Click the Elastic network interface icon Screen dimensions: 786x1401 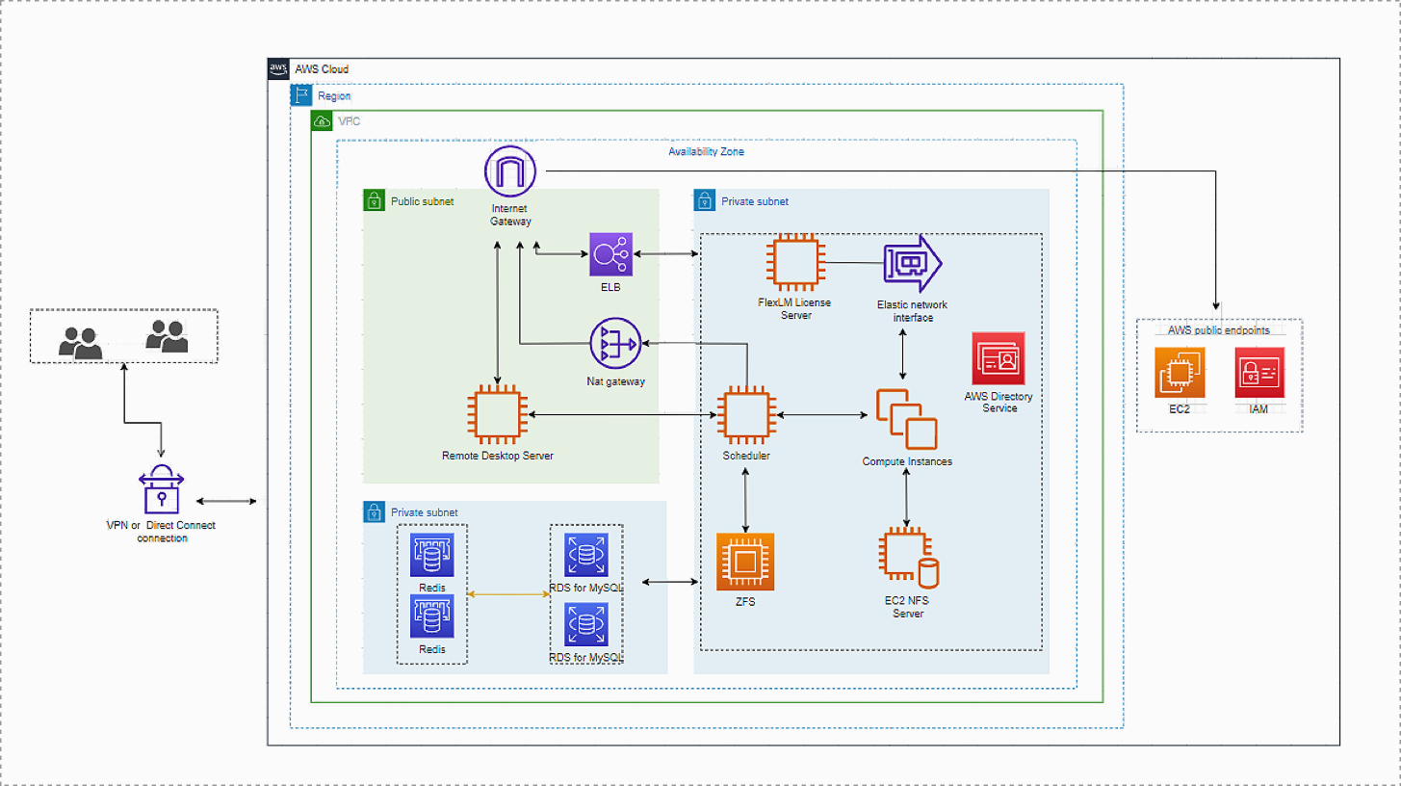pyautogui.click(x=912, y=263)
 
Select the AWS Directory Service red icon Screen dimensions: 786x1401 pyautogui.click(x=999, y=359)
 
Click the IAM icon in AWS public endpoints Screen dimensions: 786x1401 pyautogui.click(x=1259, y=372)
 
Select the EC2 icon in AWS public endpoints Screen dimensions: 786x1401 pyautogui.click(x=1180, y=372)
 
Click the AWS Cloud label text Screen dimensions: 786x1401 pyautogui.click(x=322, y=69)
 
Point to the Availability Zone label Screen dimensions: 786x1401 pyautogui.click(x=706, y=152)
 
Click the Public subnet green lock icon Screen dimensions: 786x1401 pyautogui.click(x=374, y=201)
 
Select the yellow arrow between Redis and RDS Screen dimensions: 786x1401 pyautogui.click(x=508, y=594)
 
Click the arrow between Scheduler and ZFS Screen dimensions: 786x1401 pyautogui.click(x=747, y=499)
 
